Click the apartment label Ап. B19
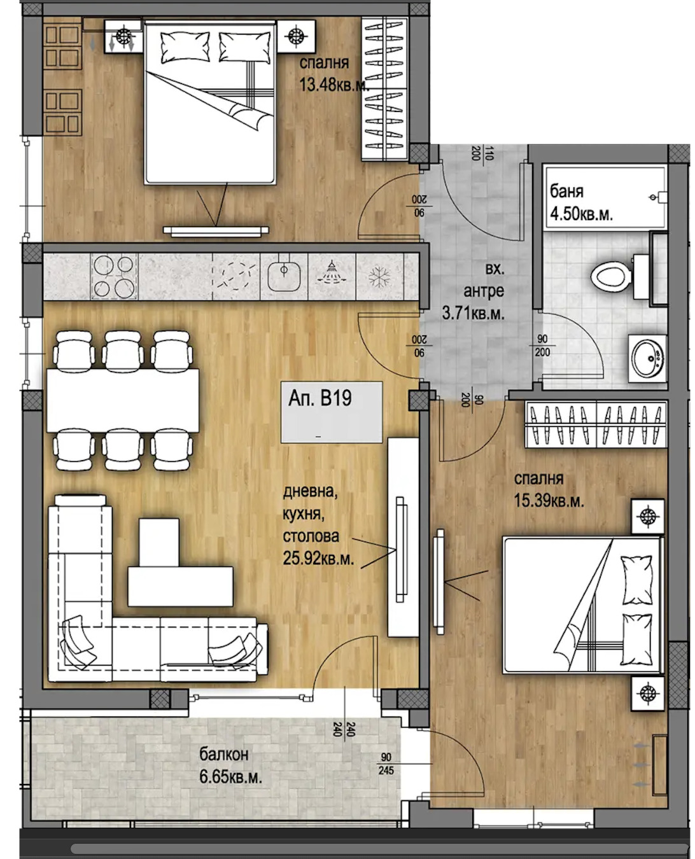coord(320,398)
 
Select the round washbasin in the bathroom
coord(647,358)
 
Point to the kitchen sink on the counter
coord(284,276)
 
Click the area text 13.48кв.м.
coord(333,85)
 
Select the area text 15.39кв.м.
coord(549,501)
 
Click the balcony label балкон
coord(224,755)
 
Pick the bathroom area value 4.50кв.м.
coord(581,214)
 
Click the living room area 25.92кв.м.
coord(318,559)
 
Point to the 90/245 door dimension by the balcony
coord(386,764)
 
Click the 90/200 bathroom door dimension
coord(542,346)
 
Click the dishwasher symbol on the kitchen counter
coord(331,276)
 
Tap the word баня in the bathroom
coord(566,191)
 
